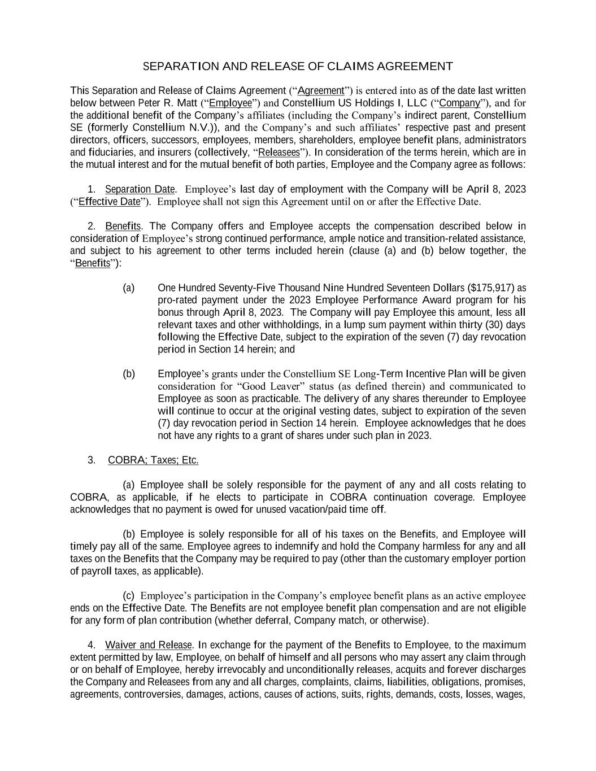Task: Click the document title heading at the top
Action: point(298,67)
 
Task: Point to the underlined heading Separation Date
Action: point(140,189)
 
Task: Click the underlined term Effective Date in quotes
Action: point(109,202)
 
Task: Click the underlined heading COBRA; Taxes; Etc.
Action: point(153,460)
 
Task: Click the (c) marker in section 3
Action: point(129,596)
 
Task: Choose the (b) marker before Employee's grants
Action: point(129,374)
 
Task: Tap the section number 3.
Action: point(92,460)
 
